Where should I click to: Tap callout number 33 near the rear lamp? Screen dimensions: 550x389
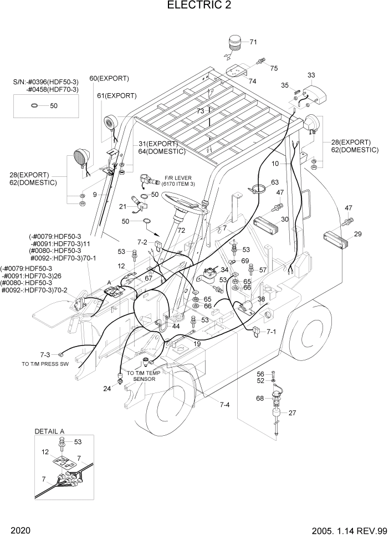pyautogui.click(x=311, y=75)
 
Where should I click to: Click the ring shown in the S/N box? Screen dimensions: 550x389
pyautogui.click(x=34, y=105)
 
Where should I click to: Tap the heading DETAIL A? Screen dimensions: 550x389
pyautogui.click(x=49, y=431)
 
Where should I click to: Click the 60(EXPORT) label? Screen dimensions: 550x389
pyautogui.click(x=109, y=78)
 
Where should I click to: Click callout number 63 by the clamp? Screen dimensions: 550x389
pyautogui.click(x=274, y=182)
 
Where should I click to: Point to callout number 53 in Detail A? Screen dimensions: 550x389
pyautogui.click(x=77, y=442)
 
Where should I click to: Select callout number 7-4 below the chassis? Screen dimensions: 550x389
pyautogui.click(x=224, y=405)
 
